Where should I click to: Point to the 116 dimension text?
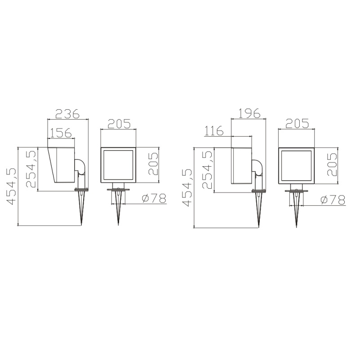tap(213, 131)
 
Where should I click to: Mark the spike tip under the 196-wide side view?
tap(259, 226)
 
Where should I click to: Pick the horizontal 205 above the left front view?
tap(118, 123)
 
